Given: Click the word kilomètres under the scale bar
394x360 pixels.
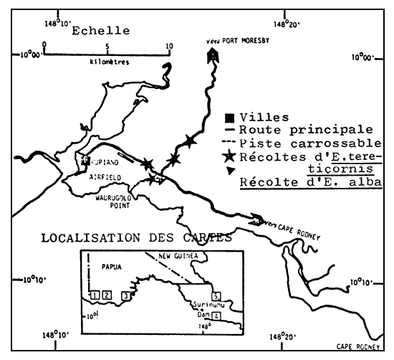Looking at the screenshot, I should coord(105,62).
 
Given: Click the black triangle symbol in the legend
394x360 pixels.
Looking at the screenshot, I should coord(230,171).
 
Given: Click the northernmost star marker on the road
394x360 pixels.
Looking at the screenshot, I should coord(189,141).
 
